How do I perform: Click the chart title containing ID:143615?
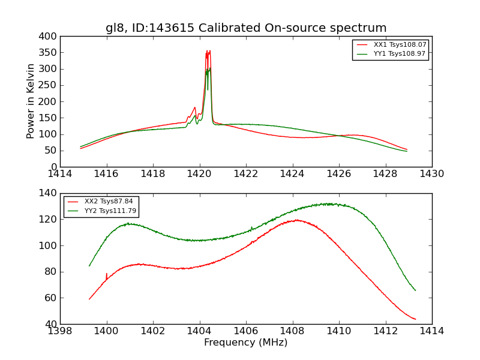(x=246, y=28)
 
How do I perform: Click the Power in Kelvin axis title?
(x=31, y=101)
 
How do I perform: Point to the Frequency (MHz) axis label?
(x=246, y=343)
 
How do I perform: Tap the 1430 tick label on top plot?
(x=431, y=174)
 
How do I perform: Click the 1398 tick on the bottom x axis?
(x=60, y=331)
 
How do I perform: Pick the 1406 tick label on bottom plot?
(x=246, y=331)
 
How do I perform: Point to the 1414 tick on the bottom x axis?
(x=431, y=331)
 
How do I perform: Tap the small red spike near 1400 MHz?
(x=107, y=274)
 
